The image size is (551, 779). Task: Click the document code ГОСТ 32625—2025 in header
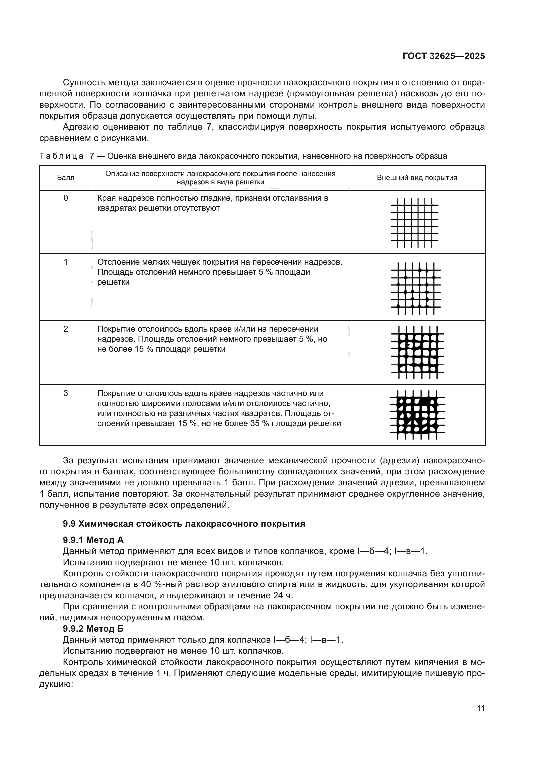point(443,56)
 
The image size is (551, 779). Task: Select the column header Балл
point(66,178)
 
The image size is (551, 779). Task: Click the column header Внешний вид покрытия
point(417,178)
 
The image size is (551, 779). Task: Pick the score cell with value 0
point(66,198)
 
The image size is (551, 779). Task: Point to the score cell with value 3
point(66,393)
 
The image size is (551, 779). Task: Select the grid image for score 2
point(417,352)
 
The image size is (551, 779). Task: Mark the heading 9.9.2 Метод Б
point(93,629)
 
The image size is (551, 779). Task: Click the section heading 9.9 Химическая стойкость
point(184,524)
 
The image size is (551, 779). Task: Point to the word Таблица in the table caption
point(61,156)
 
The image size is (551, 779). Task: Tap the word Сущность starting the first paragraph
point(84,83)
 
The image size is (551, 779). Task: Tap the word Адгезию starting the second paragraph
point(81,127)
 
